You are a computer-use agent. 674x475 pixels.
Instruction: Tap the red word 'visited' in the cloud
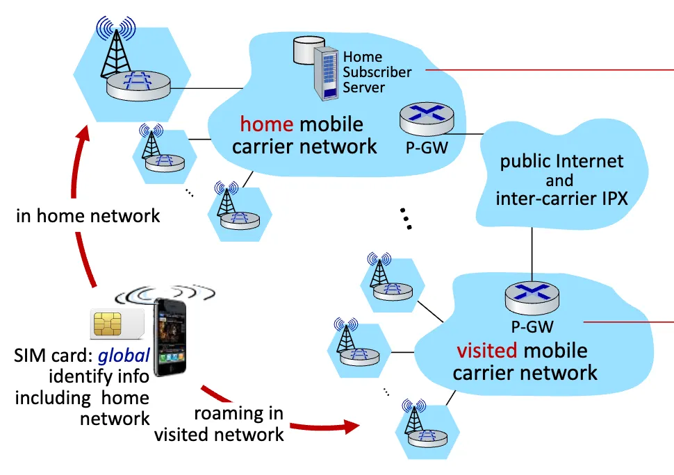[x=486, y=350]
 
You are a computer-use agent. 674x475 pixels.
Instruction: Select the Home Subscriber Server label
[x=377, y=72]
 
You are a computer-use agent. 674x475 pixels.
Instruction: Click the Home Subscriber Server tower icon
[x=327, y=73]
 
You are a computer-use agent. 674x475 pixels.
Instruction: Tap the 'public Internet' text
[x=561, y=162]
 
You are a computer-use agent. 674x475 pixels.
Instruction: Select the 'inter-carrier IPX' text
[x=561, y=199]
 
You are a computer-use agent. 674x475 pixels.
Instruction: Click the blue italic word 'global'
[x=123, y=356]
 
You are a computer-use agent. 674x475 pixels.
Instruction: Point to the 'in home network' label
[x=88, y=216]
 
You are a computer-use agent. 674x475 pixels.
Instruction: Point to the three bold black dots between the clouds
[x=406, y=217]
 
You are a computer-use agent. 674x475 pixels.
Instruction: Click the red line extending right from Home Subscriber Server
[x=549, y=70]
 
